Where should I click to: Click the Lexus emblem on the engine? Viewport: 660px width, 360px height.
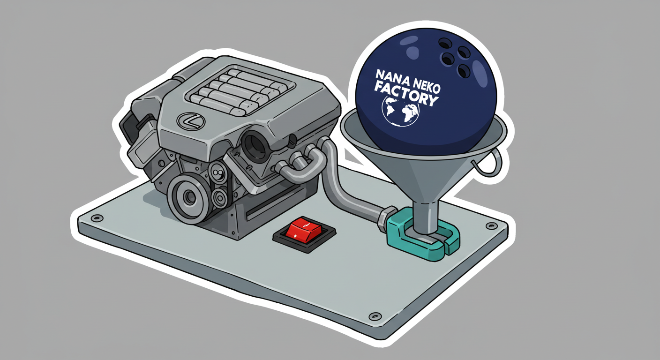pos(191,121)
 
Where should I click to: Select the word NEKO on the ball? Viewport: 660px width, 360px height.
pos(426,85)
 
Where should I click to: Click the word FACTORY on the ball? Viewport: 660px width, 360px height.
pos(406,94)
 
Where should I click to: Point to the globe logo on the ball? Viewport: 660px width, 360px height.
pos(401,111)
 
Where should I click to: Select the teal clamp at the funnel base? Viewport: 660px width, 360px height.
pos(423,234)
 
